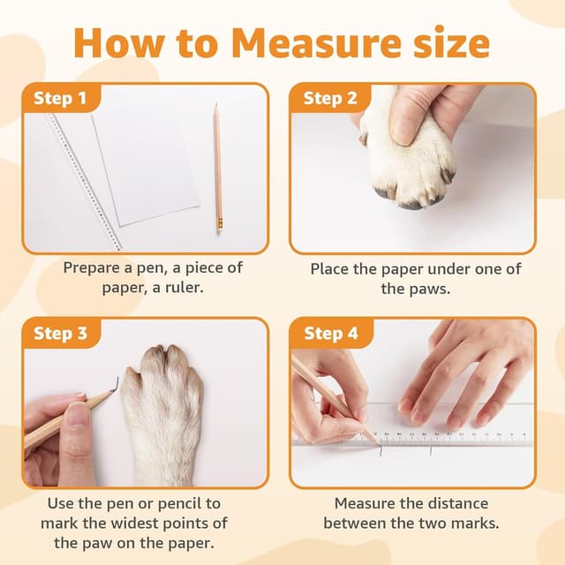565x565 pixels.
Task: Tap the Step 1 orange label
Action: point(60,98)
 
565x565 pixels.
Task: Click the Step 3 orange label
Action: point(60,333)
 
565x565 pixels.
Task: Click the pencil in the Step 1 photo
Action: point(217,168)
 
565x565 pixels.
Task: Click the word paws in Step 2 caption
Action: point(411,289)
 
